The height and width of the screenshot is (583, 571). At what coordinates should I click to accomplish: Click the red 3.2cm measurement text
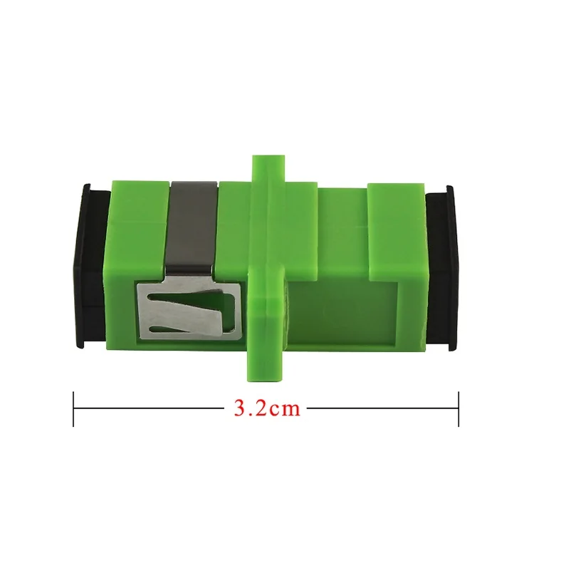[x=266, y=408]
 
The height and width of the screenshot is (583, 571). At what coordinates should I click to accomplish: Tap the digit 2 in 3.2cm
[x=258, y=408]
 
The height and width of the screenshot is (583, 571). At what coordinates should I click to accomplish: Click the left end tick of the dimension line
[x=73, y=408]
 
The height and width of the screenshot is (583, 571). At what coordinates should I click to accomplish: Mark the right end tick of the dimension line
[x=458, y=408]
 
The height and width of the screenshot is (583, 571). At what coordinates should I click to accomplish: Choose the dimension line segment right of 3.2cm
[x=382, y=408]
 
